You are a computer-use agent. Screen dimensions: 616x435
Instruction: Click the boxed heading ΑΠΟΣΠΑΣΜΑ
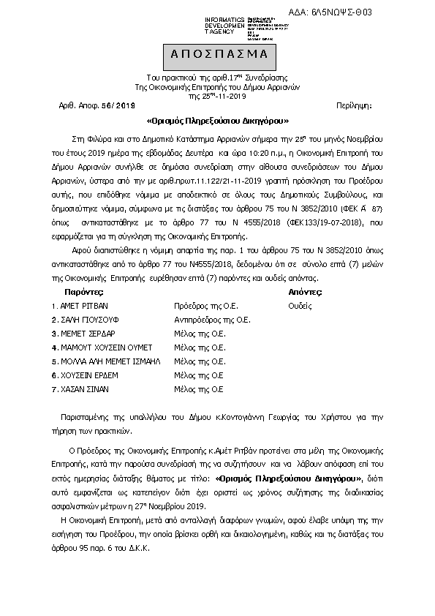click(x=219, y=55)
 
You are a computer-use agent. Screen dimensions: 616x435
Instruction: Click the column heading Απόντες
click(x=306, y=291)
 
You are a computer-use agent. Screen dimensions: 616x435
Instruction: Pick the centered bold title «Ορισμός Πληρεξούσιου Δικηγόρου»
click(x=218, y=121)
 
